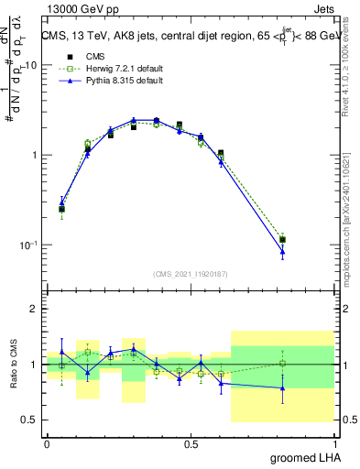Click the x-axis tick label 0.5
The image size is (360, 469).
coord(191,443)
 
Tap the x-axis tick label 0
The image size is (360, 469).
coord(47,443)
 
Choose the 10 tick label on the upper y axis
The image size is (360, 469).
coord(31,65)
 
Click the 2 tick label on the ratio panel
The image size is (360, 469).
coord(36,310)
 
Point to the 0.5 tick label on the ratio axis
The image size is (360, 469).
coord(30,420)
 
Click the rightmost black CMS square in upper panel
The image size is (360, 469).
coord(282,240)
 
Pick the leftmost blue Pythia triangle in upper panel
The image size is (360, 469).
coord(61,202)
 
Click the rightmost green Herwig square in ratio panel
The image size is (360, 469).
coord(282,364)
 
